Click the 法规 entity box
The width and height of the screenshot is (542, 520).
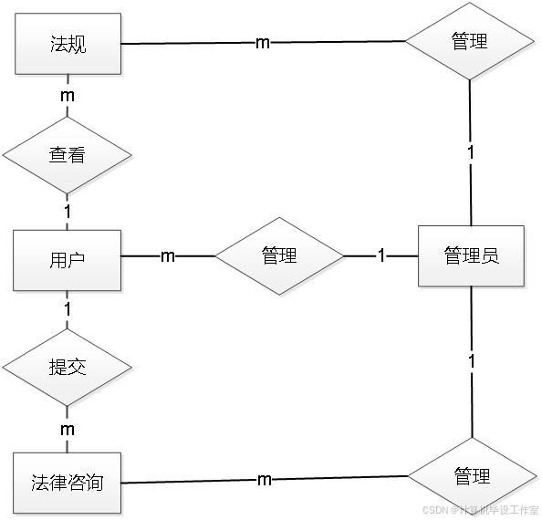pos(68,44)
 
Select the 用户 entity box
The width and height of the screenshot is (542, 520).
pos(67,259)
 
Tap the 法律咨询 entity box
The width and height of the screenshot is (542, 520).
pos(67,481)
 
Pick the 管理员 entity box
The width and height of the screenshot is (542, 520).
pos(471,256)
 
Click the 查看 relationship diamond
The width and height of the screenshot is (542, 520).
pos(68,156)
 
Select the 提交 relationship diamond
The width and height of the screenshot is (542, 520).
pos(68,368)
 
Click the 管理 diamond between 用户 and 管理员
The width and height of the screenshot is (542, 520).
pos(280,256)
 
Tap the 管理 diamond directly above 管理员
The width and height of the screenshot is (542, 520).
pos(469,42)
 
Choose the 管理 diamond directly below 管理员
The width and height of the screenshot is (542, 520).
pos(472,476)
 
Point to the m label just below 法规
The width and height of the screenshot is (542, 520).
pos(67,94)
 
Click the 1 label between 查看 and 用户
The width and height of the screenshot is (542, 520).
pos(68,212)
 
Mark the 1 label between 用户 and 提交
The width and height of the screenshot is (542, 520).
pos(68,309)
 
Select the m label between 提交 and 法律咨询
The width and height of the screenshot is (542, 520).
pos(67,428)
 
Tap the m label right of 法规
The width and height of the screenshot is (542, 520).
pos(263,43)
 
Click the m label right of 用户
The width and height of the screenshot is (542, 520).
pos(168,257)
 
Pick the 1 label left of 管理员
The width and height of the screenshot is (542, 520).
pos(381,256)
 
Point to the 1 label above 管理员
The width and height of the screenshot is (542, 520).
pos(471,152)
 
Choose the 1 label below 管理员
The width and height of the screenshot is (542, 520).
pos(471,362)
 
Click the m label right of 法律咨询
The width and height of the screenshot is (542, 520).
pos(263,479)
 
